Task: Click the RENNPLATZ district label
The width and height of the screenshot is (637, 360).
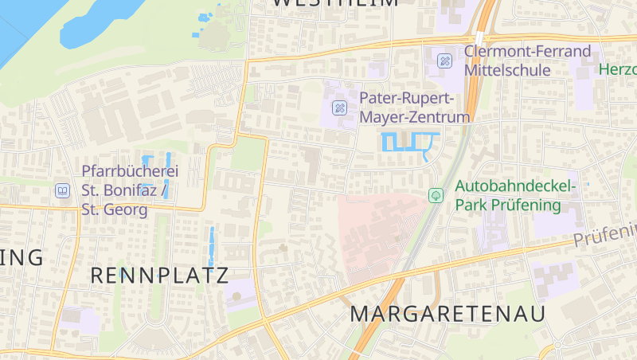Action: pos(159,276)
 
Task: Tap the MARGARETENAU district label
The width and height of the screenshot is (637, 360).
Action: pos(447,314)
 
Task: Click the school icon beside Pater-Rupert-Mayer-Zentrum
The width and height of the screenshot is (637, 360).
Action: pos(340,108)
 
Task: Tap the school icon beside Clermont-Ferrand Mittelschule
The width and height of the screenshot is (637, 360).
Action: pos(445,61)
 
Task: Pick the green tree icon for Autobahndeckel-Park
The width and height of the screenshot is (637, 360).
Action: pos(436,195)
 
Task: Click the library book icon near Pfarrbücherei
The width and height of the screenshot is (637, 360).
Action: pos(62,191)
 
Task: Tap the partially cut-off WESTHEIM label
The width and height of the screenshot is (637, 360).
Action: pos(334,3)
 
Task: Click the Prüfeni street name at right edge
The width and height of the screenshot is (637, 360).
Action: pos(605,237)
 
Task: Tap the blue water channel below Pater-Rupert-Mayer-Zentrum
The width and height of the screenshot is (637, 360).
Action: pos(410,143)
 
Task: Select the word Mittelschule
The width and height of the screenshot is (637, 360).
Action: pos(507,70)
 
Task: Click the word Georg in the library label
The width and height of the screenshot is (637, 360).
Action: pos(127,210)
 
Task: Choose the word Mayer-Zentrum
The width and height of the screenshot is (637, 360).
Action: pos(415,117)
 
